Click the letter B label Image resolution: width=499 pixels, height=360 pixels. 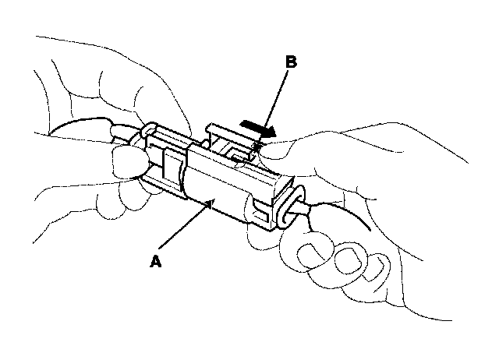291,63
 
